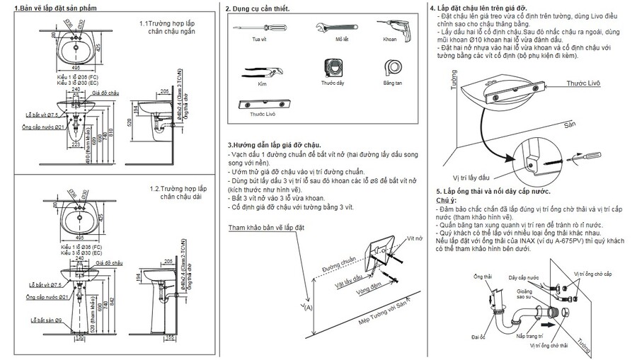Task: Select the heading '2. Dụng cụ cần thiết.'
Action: point(256,9)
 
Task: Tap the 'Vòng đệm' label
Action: point(371,289)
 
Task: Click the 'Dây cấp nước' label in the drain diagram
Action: point(523,277)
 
